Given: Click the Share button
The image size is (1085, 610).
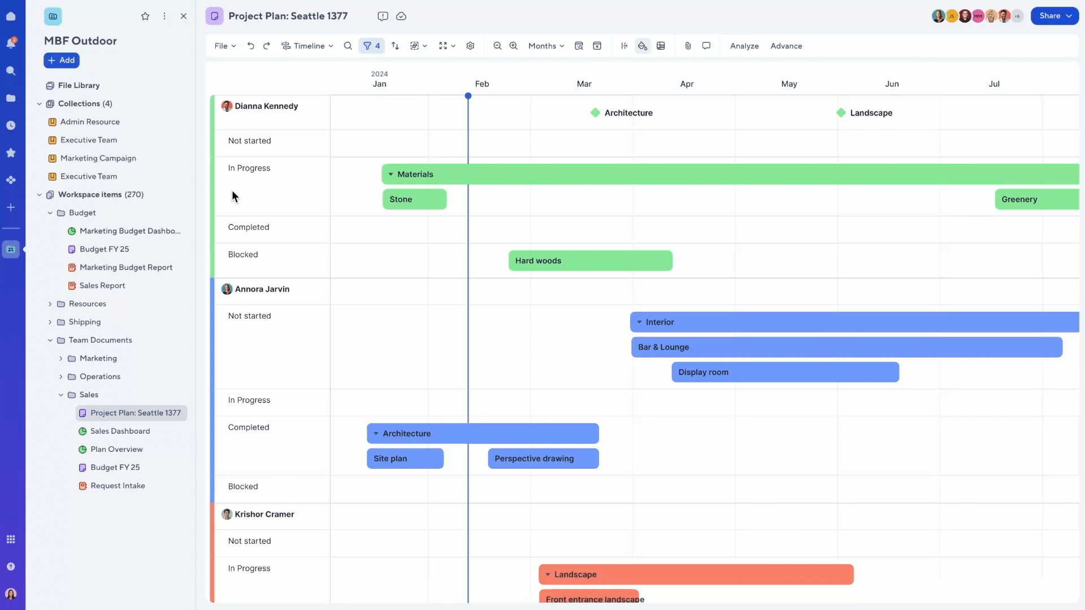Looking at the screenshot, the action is coord(1054,16).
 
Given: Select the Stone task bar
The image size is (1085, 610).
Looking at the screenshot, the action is coord(415,199).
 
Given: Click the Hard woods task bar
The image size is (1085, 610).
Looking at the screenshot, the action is coord(591,261).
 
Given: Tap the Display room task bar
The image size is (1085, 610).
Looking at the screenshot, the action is coord(785,372).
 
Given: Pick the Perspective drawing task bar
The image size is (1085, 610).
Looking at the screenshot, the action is coord(543,459).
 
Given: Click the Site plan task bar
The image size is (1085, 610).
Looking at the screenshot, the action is coord(405,459).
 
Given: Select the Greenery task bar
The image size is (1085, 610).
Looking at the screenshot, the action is coord(1037,199).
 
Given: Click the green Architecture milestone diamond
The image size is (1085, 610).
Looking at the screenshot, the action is coord(595,113).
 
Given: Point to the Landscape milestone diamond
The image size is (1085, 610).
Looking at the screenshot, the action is coord(841,113).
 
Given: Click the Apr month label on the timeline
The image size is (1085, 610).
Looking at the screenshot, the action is coord(687,84).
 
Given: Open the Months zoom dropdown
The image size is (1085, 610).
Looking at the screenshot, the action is coord(546,46).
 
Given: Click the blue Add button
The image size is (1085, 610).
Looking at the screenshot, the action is coord(62,60).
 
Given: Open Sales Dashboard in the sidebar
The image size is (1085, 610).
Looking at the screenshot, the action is coord(120,432).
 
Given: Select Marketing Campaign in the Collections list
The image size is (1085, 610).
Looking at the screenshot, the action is coord(98,159).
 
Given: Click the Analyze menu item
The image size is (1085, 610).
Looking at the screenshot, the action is coord(744,46).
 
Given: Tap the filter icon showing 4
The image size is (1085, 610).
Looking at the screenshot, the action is coord(371,46).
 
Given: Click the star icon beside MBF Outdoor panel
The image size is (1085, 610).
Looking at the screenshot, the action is coord(145,16).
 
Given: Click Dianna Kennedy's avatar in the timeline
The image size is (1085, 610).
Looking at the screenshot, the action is coord(227,106).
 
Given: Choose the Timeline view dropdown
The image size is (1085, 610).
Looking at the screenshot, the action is coord(307,46).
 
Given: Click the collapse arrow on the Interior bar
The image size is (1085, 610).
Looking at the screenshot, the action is coord(639,323).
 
